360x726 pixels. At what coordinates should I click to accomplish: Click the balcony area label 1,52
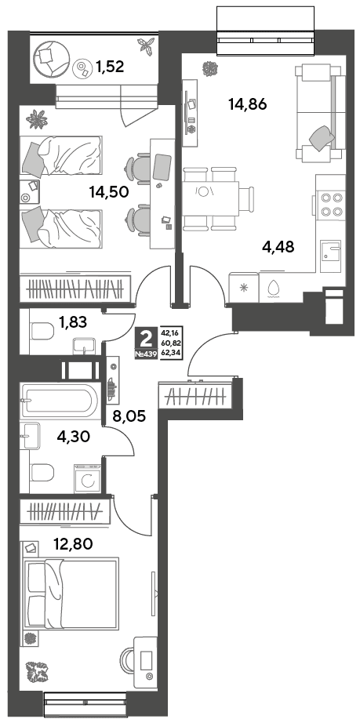click(x=110, y=67)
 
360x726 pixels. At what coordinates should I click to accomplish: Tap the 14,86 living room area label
click(x=247, y=104)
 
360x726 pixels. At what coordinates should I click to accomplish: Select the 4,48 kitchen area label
click(x=278, y=247)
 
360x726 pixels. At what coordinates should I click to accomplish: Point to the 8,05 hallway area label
click(x=129, y=416)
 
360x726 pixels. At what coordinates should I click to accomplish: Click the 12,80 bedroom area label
click(x=73, y=543)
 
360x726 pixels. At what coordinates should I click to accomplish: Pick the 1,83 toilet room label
click(x=72, y=321)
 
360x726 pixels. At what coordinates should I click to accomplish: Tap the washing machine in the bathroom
click(x=88, y=479)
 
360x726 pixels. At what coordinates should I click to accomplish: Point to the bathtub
click(x=59, y=399)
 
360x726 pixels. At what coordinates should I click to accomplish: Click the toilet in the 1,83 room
click(x=40, y=332)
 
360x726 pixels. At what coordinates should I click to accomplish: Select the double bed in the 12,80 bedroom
click(x=70, y=594)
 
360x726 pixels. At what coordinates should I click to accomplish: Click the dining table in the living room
click(x=211, y=198)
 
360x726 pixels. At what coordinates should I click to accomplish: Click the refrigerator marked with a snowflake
click(x=244, y=287)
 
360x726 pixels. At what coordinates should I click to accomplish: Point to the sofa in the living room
click(x=321, y=114)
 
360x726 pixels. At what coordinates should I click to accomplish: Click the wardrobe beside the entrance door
click(x=195, y=395)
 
